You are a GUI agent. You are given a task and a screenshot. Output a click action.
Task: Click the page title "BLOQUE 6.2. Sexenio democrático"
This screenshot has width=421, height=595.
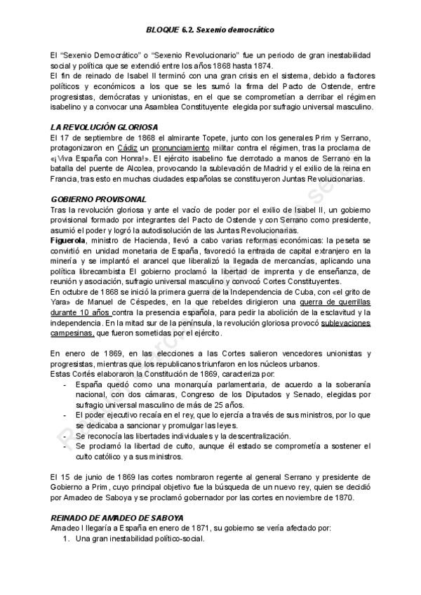210,31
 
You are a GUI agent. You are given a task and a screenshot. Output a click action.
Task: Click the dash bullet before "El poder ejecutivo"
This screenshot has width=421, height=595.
65,415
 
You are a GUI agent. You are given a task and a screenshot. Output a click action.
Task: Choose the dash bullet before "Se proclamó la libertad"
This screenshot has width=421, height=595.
65,446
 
